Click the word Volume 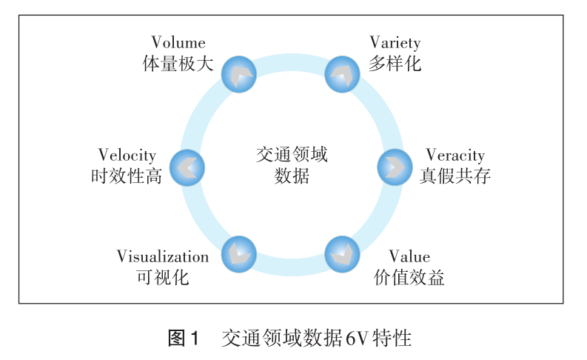pyautogui.click(x=178, y=43)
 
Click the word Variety pyautogui.click(x=395, y=43)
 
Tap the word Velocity pyautogui.click(x=127, y=155)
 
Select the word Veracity pyautogui.click(x=455, y=155)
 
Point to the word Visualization pyautogui.click(x=163, y=256)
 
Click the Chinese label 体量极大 pyautogui.click(x=178, y=64)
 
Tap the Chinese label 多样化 pyautogui.click(x=395, y=64)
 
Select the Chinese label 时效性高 pyautogui.click(x=127, y=176)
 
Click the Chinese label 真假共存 pyautogui.click(x=455, y=176)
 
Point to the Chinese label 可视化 pyautogui.click(x=163, y=278)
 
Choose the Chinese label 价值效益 pyautogui.click(x=409, y=278)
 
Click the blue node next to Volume pyautogui.click(x=239, y=73)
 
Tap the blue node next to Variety pyautogui.click(x=343, y=73)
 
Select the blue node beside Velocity pyautogui.click(x=187, y=167)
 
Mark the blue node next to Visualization pyautogui.click(x=238, y=254)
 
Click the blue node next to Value pyautogui.click(x=342, y=254)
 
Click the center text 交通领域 pyautogui.click(x=292, y=155)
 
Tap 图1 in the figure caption pyautogui.click(x=184, y=339)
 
